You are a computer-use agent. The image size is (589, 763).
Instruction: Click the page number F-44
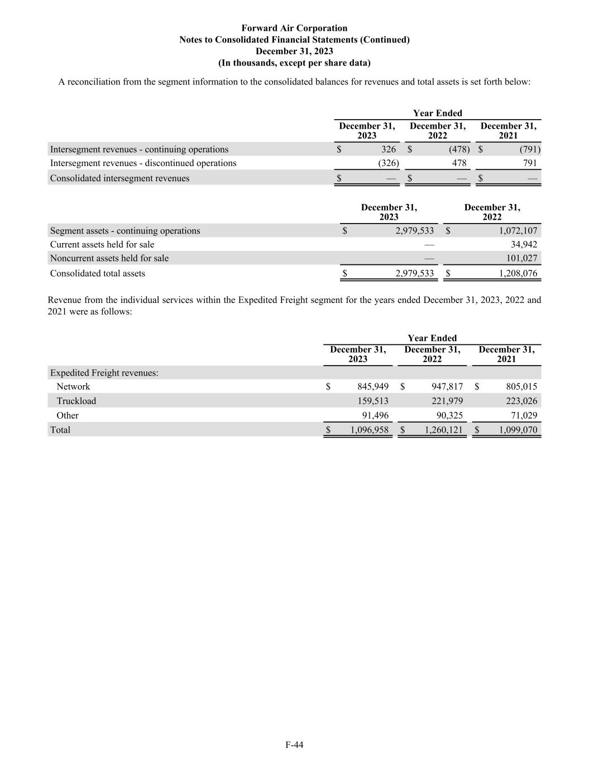(x=294, y=745)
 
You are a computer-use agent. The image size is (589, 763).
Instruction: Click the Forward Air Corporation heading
(x=294, y=28)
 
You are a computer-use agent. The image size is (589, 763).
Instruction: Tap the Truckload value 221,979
(x=447, y=401)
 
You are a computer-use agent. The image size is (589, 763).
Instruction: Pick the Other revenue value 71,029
(x=521, y=416)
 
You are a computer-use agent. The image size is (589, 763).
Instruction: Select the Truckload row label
(x=76, y=401)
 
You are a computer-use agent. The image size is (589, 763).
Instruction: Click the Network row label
(x=73, y=387)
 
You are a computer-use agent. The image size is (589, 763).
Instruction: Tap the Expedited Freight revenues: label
(x=104, y=373)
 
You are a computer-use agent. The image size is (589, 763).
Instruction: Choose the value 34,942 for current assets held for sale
(x=524, y=245)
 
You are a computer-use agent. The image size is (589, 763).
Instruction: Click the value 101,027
(x=521, y=258)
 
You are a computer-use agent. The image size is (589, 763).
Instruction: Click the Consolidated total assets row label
(x=98, y=273)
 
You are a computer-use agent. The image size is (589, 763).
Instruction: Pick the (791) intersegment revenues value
(x=529, y=149)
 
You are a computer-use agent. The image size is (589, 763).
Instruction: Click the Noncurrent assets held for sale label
(x=109, y=258)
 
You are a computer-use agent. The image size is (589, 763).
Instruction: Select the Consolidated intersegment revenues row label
(x=119, y=178)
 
